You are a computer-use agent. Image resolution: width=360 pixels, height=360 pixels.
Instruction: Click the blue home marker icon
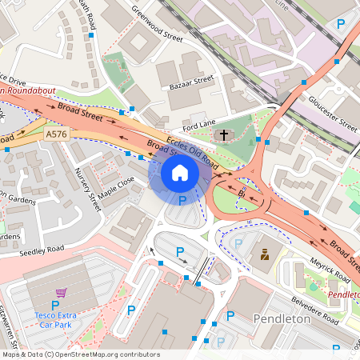(180, 173)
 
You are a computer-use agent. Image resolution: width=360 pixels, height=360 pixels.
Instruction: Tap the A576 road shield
(57, 134)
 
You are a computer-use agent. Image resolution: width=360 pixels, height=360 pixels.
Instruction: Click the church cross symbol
(224, 136)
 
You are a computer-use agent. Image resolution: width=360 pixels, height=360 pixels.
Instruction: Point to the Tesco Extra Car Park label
(55, 317)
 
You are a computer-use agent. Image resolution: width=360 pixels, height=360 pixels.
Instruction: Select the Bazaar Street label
(193, 82)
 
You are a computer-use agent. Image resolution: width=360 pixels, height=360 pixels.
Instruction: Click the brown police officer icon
(263, 255)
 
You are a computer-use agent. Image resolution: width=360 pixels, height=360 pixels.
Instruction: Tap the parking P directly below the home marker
(182, 200)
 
